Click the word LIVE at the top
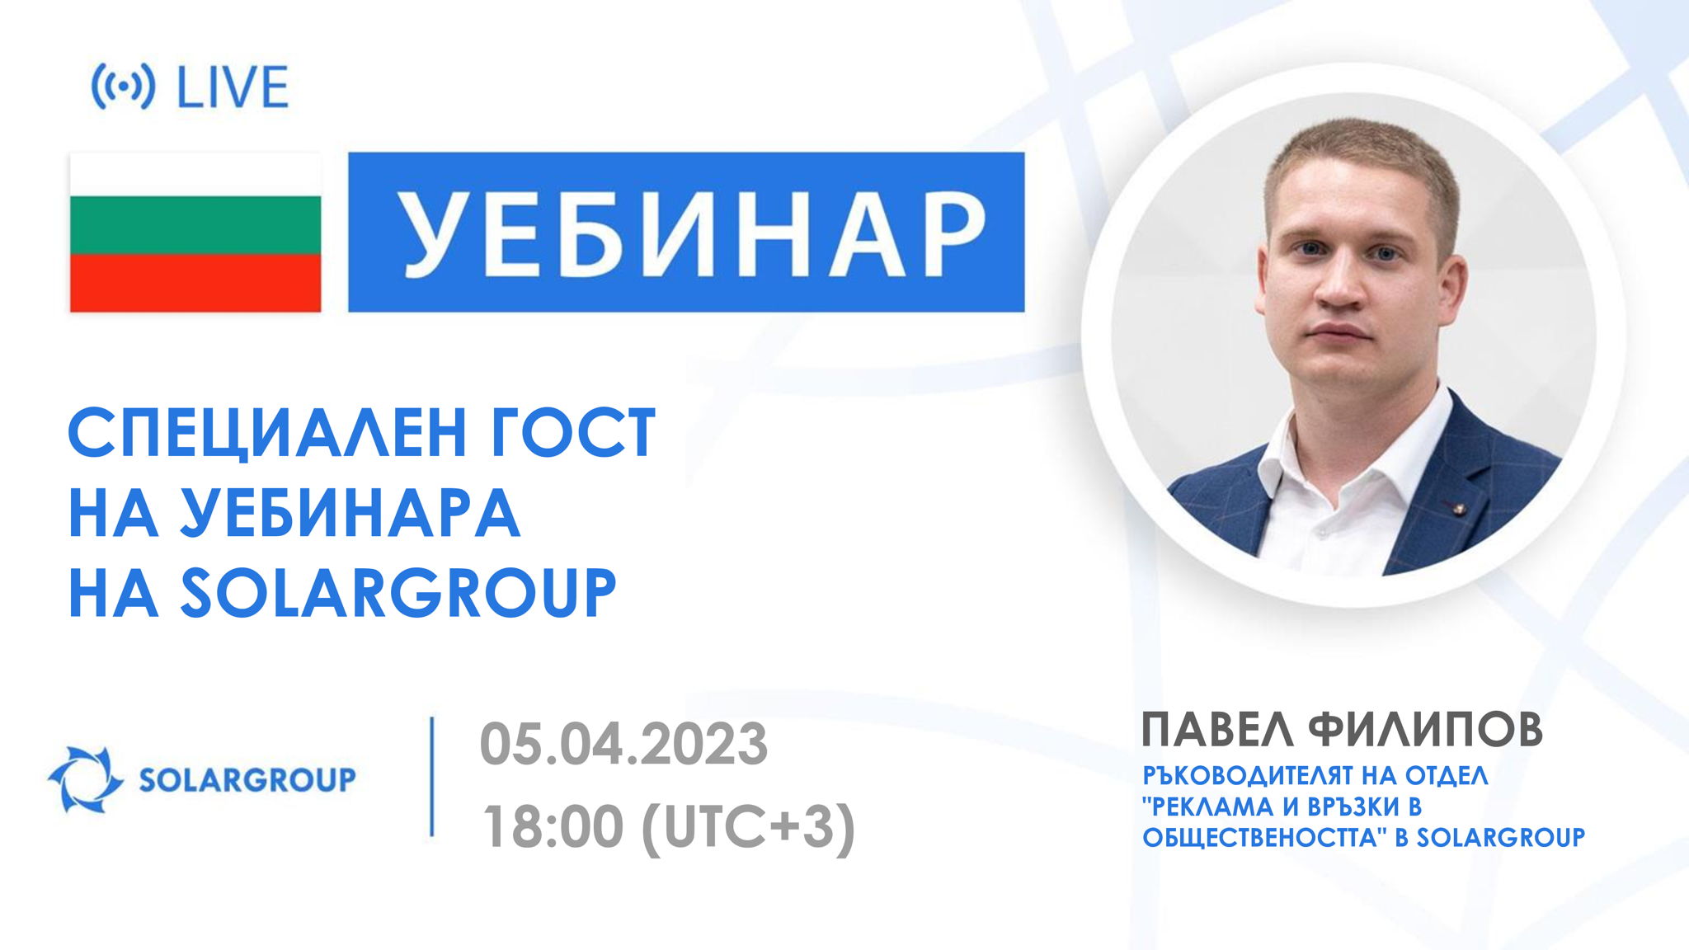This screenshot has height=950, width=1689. (233, 87)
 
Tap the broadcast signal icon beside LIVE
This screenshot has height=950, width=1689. (122, 87)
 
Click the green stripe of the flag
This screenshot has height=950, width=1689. (195, 224)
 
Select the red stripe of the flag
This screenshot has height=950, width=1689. (195, 282)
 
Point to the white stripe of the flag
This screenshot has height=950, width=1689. (195, 174)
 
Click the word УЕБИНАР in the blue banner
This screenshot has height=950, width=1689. (693, 233)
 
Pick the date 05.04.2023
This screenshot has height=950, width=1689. (623, 744)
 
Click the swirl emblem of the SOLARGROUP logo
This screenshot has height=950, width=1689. (84, 779)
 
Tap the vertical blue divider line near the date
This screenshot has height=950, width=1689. (432, 777)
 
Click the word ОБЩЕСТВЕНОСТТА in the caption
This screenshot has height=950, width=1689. (1262, 838)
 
